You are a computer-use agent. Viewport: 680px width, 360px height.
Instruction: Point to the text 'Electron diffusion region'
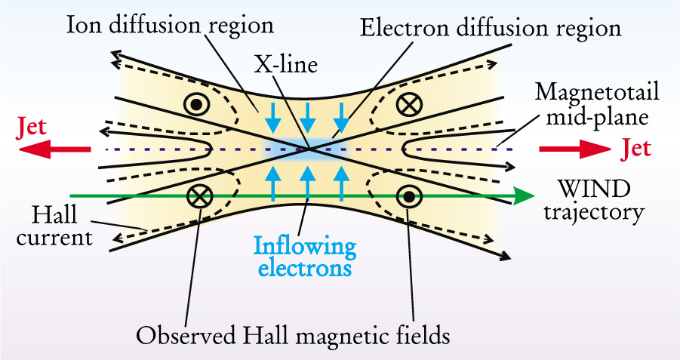point(490,28)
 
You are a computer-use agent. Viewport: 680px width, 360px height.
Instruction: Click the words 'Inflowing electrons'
point(305,257)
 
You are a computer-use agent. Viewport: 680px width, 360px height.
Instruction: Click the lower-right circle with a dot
point(408,197)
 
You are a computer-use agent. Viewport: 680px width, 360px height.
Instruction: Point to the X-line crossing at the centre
point(310,149)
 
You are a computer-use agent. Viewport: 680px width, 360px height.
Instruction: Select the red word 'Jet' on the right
point(635,149)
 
